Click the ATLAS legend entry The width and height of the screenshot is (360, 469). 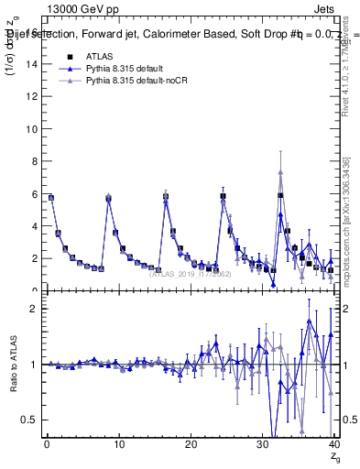pyautogui.click(x=98, y=56)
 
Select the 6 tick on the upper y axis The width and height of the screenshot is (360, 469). pyautogui.click(x=37, y=194)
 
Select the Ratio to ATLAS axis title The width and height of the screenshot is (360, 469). pyautogui.click(x=13, y=364)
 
